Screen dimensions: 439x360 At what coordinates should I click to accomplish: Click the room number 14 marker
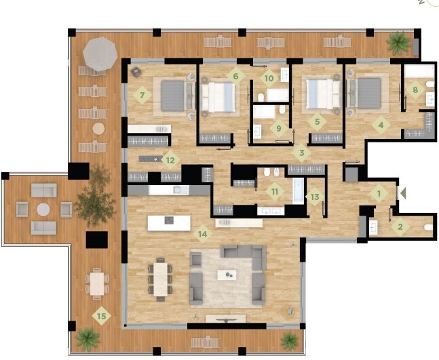[203, 234]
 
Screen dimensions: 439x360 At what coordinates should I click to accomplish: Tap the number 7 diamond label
[142, 96]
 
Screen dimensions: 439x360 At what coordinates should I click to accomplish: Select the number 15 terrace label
[101, 316]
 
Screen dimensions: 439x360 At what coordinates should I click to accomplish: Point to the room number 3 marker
[301, 153]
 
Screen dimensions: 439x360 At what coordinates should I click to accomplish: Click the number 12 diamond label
[170, 160]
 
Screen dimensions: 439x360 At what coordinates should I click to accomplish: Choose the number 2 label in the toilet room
[400, 226]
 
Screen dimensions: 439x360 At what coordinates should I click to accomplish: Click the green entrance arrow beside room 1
[403, 193]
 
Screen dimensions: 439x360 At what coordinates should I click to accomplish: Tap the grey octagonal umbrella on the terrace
[100, 54]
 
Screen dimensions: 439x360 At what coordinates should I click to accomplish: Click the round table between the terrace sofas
[43, 209]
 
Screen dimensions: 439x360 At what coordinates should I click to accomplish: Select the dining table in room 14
[160, 279]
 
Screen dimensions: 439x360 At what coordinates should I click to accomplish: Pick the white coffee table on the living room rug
[227, 275]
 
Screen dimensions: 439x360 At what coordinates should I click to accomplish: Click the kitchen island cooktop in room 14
[169, 220]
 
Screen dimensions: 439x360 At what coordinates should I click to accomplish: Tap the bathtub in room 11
[298, 191]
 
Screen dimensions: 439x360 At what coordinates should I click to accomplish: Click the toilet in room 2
[428, 227]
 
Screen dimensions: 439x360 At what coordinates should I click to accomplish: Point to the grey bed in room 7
[173, 96]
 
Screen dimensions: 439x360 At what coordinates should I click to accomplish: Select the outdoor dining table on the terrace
[97, 283]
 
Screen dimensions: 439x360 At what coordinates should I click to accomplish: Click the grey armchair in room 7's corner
[136, 72]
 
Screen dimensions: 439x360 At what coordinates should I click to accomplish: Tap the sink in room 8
[430, 100]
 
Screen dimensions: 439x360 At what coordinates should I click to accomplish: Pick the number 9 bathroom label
[279, 128]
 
